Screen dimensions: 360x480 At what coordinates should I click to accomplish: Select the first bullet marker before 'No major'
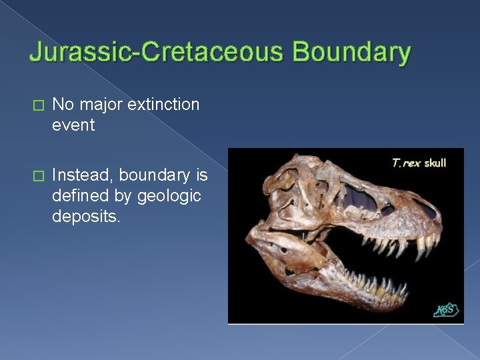click(x=37, y=105)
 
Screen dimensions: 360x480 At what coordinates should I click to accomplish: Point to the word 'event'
click(x=73, y=125)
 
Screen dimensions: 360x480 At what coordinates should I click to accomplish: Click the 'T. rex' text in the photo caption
click(x=405, y=163)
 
